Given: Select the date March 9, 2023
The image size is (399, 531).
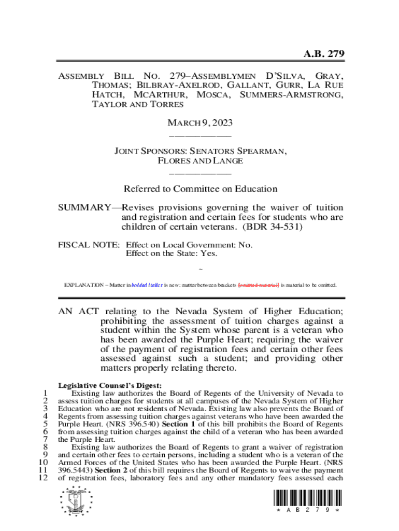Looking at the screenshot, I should point(199,123).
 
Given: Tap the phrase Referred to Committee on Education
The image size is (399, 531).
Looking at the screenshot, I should point(200,189).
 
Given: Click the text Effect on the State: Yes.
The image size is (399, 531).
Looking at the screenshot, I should point(172,253).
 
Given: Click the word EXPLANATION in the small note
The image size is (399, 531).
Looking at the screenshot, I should point(83,285).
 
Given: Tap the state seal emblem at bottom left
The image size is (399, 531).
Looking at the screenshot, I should point(76,502).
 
